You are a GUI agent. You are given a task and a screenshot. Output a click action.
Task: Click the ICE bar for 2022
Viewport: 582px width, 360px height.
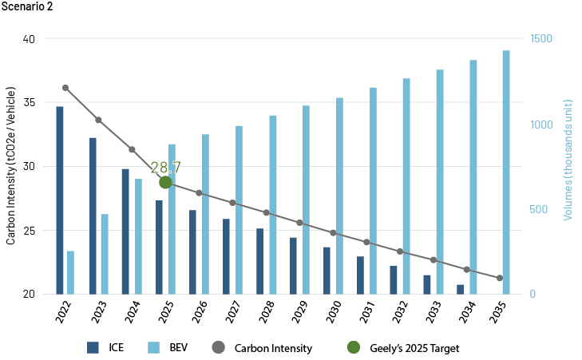60,200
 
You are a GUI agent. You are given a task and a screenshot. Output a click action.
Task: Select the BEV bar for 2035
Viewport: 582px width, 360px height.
506,172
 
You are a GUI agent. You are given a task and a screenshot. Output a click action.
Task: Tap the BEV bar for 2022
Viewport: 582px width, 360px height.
70,272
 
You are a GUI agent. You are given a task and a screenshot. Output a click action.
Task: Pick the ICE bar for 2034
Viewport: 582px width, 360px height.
461,289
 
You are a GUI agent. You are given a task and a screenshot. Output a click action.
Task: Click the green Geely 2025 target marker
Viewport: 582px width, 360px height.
165,182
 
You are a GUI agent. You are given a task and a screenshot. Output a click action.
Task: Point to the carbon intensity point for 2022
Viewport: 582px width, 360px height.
65,88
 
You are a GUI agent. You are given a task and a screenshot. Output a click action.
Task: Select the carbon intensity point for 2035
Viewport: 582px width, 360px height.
500,278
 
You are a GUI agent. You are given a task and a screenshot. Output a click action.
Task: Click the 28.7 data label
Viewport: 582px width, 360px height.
165,168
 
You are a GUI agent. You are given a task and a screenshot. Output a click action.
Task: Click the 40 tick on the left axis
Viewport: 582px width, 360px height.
28,38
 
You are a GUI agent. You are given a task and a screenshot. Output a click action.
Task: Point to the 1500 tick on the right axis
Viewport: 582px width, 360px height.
542,38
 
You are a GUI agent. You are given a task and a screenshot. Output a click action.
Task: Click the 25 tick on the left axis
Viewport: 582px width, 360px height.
28,230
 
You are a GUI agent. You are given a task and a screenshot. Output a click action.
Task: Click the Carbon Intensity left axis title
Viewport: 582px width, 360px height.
10,166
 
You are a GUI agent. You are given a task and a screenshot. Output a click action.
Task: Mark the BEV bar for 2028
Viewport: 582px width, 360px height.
273,204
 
